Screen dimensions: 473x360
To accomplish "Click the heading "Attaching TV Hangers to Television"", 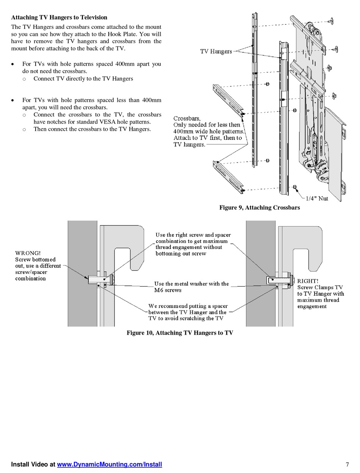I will tap(59, 17).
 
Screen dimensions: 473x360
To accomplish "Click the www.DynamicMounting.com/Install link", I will tap(110, 464).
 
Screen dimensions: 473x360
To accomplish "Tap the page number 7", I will tap(347, 465).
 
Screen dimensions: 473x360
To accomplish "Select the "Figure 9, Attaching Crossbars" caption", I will tap(260, 207).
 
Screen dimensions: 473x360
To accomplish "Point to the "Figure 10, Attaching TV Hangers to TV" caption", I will tap(180, 333).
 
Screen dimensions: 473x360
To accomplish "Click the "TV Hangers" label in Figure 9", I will tap(216, 52).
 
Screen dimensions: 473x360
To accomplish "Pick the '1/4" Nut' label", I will tap(317, 198).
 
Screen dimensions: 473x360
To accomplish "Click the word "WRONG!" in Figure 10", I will tap(28, 253).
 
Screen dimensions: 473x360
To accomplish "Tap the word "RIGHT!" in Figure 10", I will tap(308, 281).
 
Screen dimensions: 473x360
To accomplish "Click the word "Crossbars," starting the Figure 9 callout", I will tap(187, 118).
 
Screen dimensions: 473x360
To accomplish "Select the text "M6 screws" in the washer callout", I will tap(168, 290).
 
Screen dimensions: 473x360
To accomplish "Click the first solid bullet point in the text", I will tap(13, 64).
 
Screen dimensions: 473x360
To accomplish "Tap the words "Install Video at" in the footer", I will tap(33, 464).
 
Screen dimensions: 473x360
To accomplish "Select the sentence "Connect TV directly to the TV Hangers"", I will tap(83, 79).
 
